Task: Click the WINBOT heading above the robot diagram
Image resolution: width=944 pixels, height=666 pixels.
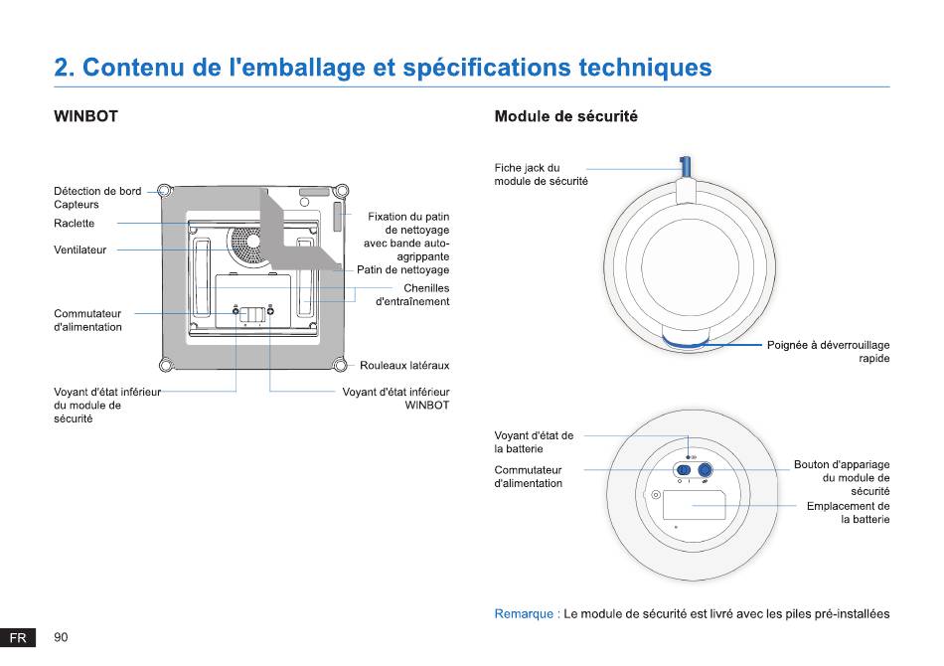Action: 85,116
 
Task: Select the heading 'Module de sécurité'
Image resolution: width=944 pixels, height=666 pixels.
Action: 565,116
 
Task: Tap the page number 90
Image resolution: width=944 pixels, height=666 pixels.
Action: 61,637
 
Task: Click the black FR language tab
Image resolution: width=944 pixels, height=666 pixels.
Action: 18,638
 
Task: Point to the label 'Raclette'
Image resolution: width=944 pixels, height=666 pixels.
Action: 75,224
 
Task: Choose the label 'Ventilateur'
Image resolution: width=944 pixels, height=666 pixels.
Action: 80,250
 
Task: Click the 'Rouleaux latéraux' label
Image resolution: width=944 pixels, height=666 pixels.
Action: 404,366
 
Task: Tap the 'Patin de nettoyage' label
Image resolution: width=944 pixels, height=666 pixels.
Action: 402,269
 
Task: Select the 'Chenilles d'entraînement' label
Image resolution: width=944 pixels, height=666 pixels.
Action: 412,295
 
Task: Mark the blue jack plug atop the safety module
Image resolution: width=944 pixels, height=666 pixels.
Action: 685,167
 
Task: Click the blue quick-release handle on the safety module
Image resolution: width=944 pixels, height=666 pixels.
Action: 686,345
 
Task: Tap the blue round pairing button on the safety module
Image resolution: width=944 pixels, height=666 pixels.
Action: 705,470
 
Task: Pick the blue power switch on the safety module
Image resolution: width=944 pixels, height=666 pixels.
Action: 684,470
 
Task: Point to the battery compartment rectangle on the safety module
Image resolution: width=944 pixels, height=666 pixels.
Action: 695,505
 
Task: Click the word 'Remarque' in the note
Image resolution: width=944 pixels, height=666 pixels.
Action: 524,614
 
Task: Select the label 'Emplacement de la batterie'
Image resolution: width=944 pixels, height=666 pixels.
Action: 849,513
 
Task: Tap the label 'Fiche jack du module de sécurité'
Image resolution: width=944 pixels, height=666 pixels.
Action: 541,175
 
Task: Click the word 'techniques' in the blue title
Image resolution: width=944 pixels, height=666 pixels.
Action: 645,68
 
